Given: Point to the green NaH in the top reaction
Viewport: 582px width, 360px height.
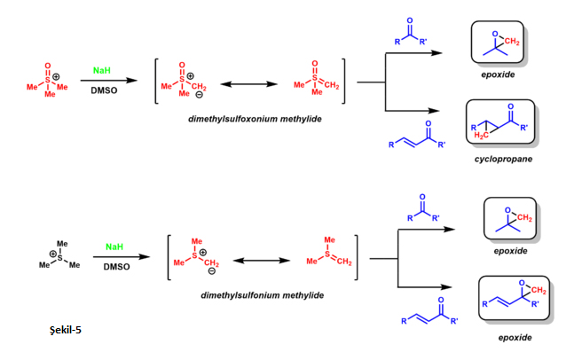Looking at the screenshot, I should point(102,68).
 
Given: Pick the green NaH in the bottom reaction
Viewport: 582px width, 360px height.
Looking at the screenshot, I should point(114,247).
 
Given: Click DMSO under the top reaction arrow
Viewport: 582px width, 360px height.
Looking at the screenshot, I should point(104,90).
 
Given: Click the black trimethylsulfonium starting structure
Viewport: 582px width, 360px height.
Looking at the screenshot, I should point(61,254).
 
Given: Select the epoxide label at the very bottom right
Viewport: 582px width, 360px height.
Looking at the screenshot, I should point(515,338).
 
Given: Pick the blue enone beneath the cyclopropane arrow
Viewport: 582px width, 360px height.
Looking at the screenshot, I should point(421,138).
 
